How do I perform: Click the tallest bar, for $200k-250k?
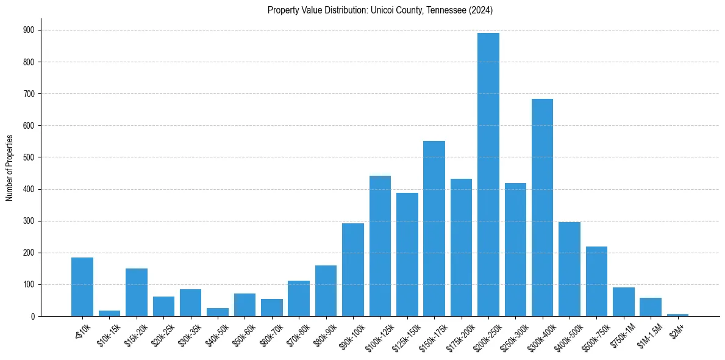coord(488,175)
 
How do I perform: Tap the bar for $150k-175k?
coord(434,229)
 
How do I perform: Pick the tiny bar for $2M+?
coord(677,315)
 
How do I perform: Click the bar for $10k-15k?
coord(109,314)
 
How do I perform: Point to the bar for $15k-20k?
coord(137,292)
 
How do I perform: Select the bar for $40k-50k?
coord(218,312)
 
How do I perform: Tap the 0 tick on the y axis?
coord(34,316)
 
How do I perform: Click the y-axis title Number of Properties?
coord(9,168)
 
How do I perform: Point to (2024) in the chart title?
coord(482,10)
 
